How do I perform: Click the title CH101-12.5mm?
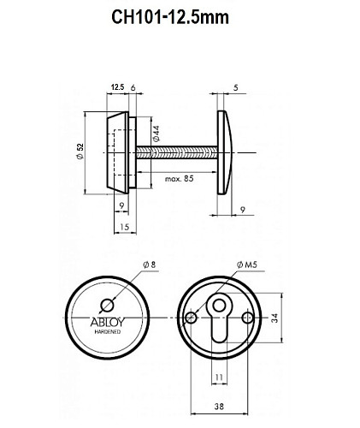(180, 16)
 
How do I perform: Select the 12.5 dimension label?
(118, 87)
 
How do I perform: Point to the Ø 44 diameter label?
(156, 134)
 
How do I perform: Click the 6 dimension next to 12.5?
(135, 87)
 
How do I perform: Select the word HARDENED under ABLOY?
(107, 333)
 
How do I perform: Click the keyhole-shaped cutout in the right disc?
(219, 320)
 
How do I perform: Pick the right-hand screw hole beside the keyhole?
(248, 318)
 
